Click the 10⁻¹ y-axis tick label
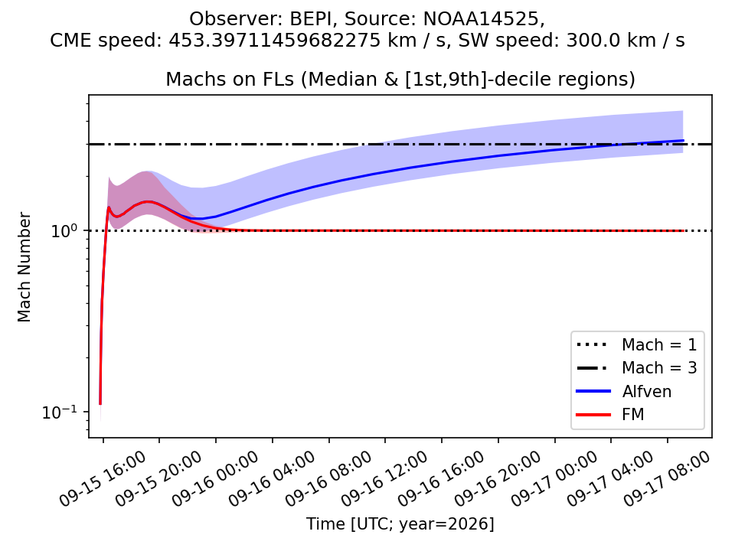[60, 412]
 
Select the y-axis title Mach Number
[24, 267]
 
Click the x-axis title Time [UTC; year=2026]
[400, 523]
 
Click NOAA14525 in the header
[482, 19]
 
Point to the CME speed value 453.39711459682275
[275, 41]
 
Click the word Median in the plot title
[342, 79]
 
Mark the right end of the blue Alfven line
[684, 140]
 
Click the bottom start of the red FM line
[100, 404]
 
